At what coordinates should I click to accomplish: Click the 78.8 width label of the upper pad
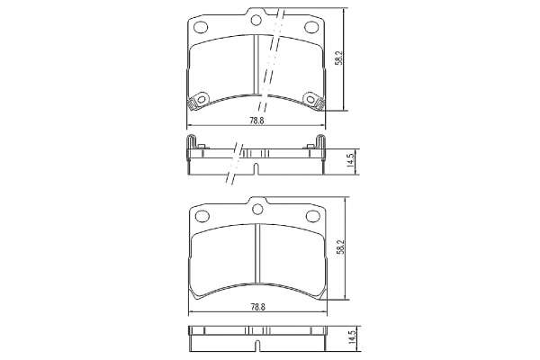tap(256, 121)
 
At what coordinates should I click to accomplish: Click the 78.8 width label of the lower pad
tap(258, 307)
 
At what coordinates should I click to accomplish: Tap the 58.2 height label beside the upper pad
tap(339, 58)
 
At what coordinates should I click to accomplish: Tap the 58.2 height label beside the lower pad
tap(341, 247)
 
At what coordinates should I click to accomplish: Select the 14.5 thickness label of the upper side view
tap(351, 160)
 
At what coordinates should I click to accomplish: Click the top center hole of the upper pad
tap(256, 21)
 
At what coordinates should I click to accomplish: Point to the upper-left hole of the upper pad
tap(201, 27)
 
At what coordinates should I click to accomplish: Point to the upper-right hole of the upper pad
tap(311, 27)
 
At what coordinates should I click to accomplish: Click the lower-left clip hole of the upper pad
tap(202, 100)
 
